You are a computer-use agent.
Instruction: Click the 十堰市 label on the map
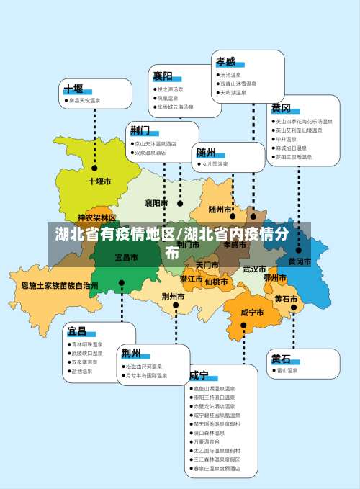point(99,181)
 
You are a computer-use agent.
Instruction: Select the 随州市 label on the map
point(220,210)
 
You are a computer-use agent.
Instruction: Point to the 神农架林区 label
point(96,217)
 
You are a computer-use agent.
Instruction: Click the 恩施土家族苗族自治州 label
point(59,286)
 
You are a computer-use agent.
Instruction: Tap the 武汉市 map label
point(254,269)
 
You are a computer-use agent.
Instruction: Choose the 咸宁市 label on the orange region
point(252,313)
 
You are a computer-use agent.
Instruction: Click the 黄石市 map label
point(286,298)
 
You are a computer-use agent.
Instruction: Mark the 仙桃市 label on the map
point(216,282)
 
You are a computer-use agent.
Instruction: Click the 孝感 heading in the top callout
point(225,62)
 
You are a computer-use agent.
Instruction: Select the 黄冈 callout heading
point(281,108)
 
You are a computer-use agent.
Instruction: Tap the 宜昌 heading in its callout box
point(76,331)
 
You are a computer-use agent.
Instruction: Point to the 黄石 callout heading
point(281,359)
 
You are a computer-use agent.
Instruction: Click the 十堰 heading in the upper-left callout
point(73,89)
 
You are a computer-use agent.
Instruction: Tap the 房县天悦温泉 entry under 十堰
point(84,101)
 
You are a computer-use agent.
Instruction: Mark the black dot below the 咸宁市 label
point(243,326)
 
